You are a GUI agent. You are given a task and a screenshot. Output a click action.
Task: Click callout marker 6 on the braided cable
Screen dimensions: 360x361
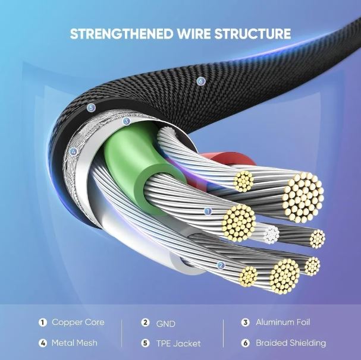pyautogui.click(x=200, y=80)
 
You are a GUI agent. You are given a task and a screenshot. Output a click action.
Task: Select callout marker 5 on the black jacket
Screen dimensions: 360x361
pyautogui.click(x=90, y=108)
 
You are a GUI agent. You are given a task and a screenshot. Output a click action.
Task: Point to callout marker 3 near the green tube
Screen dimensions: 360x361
pyautogui.click(x=126, y=121)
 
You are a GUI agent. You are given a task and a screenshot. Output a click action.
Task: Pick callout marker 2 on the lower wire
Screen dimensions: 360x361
pyautogui.click(x=221, y=266)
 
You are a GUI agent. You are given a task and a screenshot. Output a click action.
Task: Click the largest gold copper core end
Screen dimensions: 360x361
pyautogui.click(x=303, y=194)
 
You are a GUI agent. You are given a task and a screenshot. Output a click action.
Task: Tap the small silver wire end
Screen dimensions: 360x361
pyautogui.click(x=271, y=233)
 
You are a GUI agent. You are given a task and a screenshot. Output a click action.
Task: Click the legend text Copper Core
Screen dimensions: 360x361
pyautogui.click(x=78, y=323)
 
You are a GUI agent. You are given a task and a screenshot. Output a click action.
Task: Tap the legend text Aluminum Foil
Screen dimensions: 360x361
pyautogui.click(x=283, y=323)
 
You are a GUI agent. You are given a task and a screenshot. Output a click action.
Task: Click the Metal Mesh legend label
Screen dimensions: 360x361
pyautogui.click(x=74, y=343)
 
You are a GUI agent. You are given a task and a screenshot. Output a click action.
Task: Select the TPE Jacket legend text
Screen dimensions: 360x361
pyautogui.click(x=178, y=343)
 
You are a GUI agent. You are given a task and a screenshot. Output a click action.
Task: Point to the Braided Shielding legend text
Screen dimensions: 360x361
pyautogui.click(x=291, y=343)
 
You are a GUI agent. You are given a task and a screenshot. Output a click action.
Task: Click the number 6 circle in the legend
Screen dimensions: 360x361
pyautogui.click(x=245, y=343)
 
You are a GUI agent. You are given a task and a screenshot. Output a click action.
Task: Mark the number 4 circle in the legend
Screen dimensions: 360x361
pyautogui.click(x=43, y=343)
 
